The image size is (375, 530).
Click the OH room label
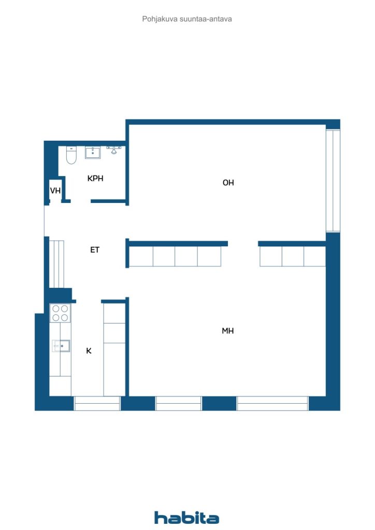click(228, 183)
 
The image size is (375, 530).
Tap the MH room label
click(228, 331)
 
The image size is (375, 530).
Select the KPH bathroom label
click(95, 179)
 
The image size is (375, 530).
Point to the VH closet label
click(55, 190)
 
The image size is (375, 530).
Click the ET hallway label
click(95, 250)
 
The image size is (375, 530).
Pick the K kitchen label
click(89, 351)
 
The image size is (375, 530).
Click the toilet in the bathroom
click(71, 155)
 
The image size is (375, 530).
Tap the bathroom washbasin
click(93, 153)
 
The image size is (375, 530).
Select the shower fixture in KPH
click(114, 150)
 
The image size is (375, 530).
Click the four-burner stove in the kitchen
click(60, 313)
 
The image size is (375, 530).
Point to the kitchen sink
click(61, 346)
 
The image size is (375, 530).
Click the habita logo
click(186, 518)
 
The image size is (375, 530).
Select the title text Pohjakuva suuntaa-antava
click(187, 19)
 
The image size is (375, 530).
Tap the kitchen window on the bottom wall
click(97, 403)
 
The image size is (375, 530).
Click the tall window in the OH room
click(333, 181)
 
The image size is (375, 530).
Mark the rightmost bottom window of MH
click(272, 403)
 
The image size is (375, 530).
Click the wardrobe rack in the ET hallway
click(57, 264)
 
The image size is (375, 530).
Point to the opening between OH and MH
click(243, 244)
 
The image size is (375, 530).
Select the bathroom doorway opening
click(81, 201)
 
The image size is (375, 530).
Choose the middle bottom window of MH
click(178, 403)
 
